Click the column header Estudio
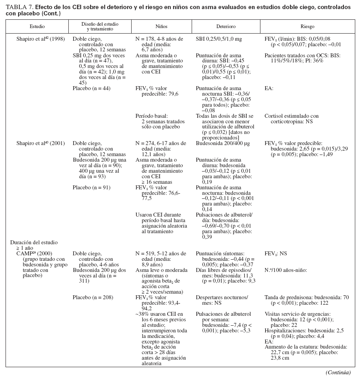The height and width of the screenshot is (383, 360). pos(37,26)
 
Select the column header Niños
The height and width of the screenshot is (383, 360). pos(161,26)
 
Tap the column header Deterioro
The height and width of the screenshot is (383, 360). pos(226,26)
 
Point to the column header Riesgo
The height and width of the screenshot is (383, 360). pos(307,26)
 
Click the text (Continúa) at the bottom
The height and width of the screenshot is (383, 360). pos(338,372)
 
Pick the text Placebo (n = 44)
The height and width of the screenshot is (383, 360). pos(92,89)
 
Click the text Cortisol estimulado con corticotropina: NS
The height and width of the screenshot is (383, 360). pos(291,119)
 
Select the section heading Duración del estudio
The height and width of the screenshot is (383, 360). pos(34,242)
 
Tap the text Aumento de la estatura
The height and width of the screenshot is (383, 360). pos(305,347)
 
